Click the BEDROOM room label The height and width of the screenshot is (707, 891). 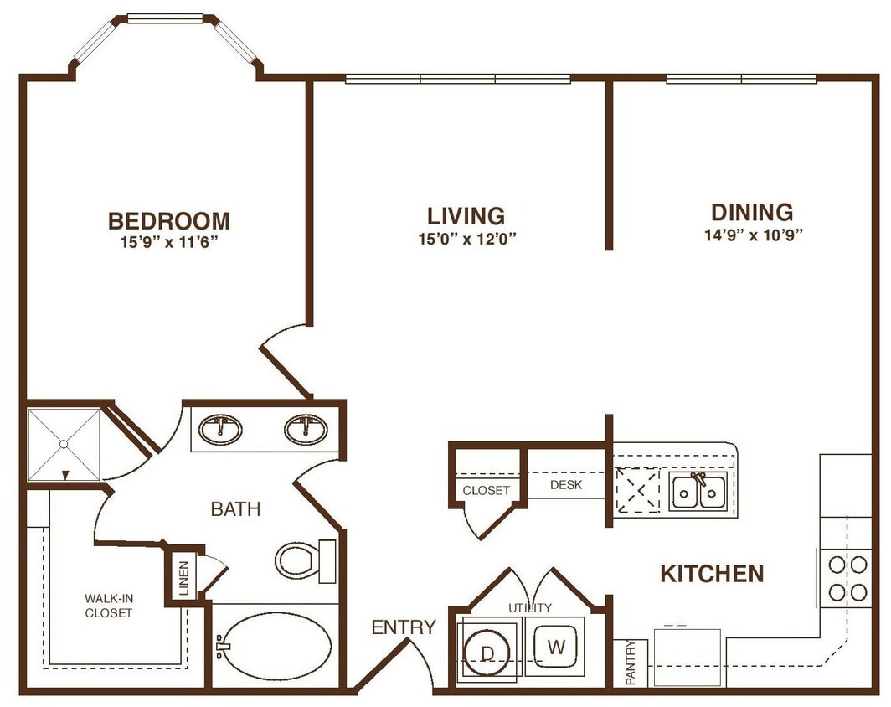click(168, 221)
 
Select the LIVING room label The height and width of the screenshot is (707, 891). click(466, 216)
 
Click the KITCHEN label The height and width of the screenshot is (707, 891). click(712, 574)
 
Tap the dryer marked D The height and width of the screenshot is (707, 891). click(488, 648)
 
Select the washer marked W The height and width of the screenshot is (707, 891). click(555, 647)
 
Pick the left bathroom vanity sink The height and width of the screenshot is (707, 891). click(220, 430)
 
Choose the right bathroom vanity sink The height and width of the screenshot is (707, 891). click(306, 430)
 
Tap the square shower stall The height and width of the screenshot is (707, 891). click(64, 444)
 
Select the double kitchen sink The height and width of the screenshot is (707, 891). click(697, 491)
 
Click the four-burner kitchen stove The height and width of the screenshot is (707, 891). click(847, 578)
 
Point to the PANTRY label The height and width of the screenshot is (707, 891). click(630, 662)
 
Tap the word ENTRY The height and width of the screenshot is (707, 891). click(404, 627)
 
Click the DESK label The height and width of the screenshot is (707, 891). click(566, 485)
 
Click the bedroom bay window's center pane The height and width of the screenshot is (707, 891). click(165, 18)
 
